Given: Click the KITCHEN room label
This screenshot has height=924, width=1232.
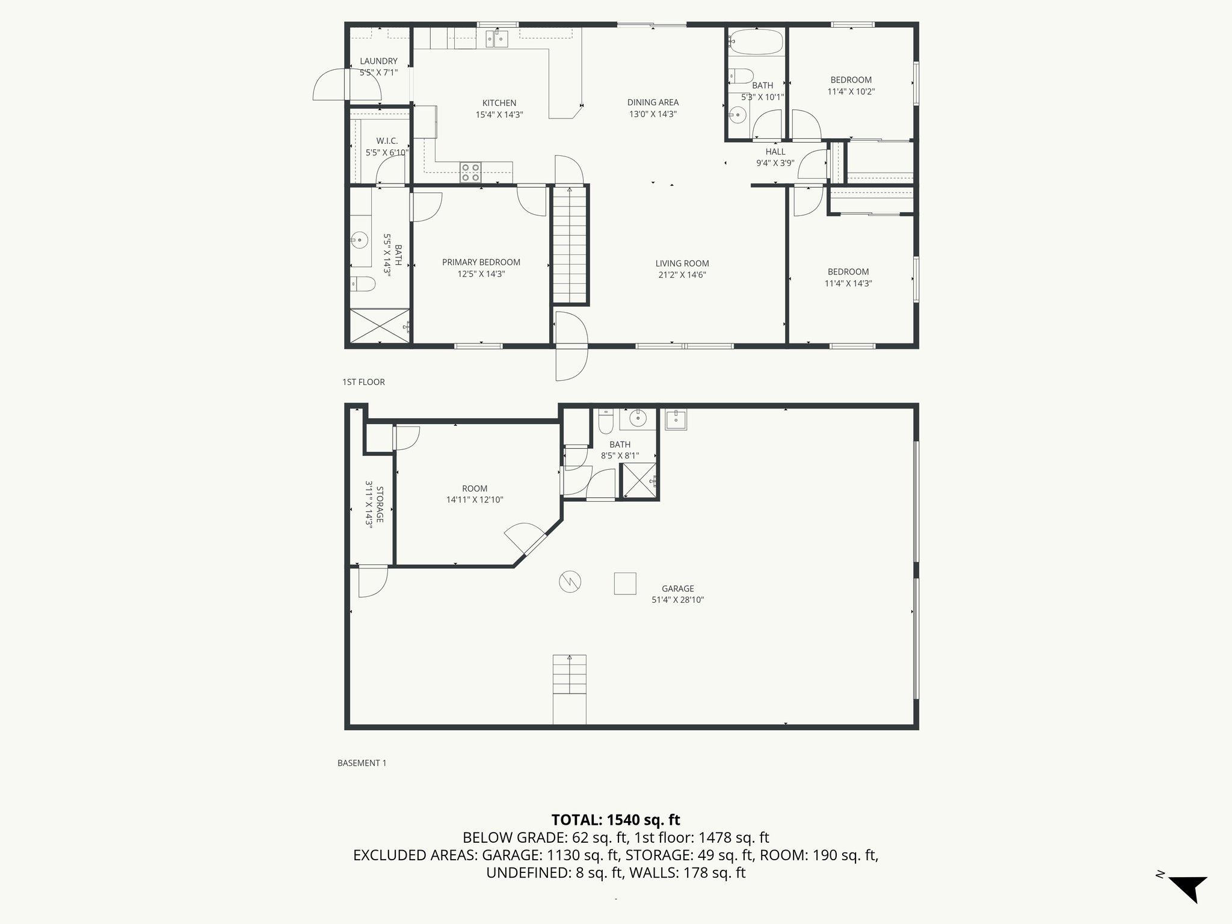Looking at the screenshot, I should [x=499, y=103].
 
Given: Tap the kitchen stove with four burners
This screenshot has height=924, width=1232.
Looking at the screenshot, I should [x=470, y=172].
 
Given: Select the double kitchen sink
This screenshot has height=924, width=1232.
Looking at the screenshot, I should [x=496, y=39].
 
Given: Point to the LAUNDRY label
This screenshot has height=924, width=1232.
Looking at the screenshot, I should [x=378, y=61].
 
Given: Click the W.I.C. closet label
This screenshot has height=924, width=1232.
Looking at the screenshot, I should [x=387, y=141].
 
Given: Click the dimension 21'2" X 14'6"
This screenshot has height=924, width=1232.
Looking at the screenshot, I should [x=682, y=275].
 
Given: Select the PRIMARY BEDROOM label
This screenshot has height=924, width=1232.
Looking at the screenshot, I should [x=481, y=262].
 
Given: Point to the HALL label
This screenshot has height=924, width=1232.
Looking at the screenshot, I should [x=775, y=152].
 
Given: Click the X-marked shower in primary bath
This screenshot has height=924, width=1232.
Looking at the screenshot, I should [x=380, y=326].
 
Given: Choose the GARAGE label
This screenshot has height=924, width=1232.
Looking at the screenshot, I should [x=677, y=588].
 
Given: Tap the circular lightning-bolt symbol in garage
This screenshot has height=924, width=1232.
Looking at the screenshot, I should [x=570, y=581].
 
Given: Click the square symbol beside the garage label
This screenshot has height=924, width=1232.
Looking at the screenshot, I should [x=624, y=583].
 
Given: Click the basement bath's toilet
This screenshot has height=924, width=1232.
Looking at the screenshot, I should [x=605, y=422].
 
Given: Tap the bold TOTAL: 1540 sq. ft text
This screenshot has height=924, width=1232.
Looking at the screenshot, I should [x=615, y=820].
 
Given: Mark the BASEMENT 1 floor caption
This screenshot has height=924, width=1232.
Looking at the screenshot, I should [x=362, y=763].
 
